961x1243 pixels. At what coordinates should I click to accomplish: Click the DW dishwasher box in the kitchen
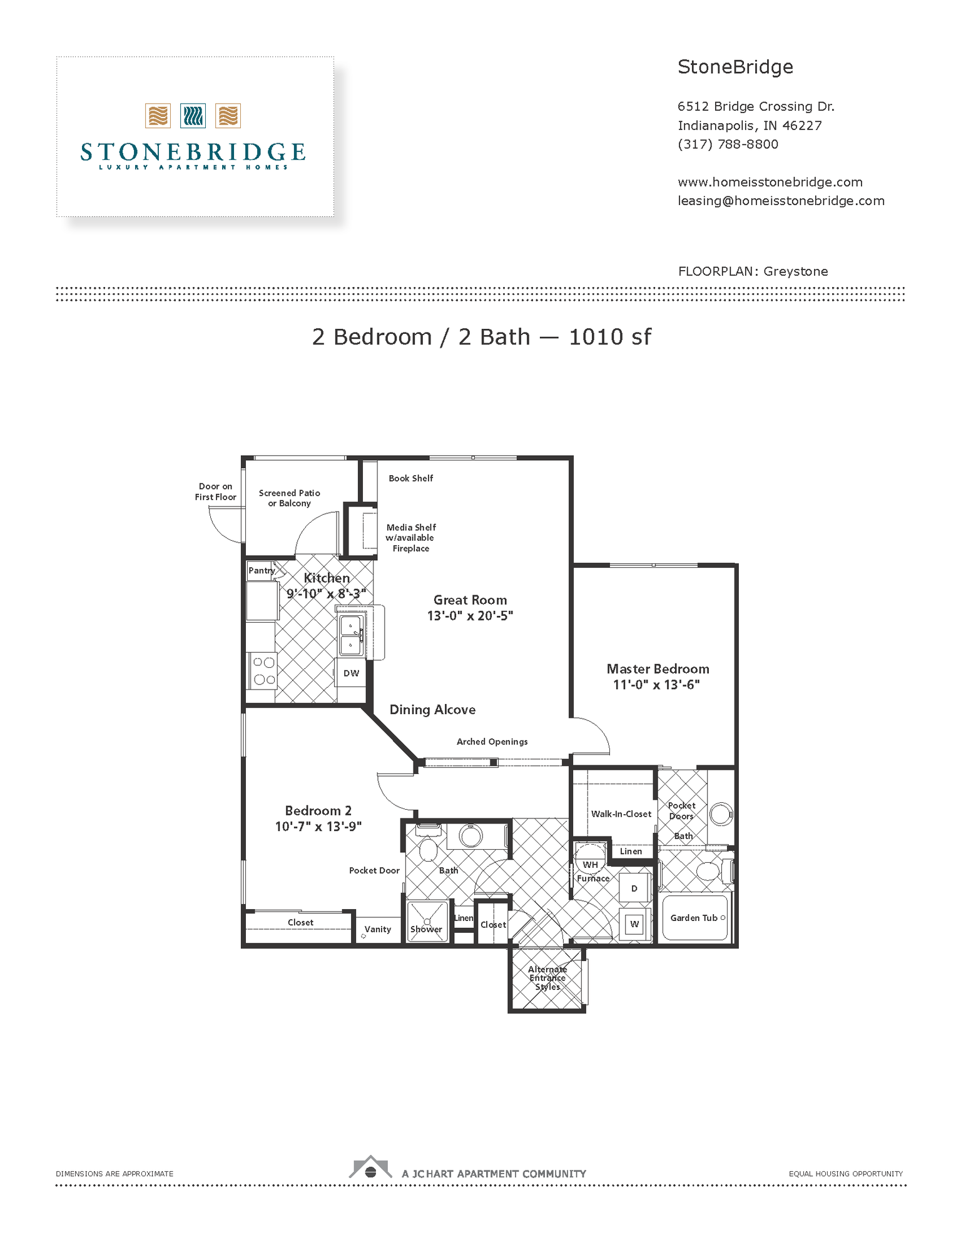point(351,673)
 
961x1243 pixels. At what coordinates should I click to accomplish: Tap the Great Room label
point(470,600)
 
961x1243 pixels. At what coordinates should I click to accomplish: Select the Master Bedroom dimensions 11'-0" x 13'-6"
point(656,685)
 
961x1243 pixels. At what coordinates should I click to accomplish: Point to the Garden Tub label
point(694,918)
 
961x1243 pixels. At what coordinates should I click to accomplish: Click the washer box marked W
point(634,924)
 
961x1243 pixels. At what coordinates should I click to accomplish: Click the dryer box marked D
point(634,888)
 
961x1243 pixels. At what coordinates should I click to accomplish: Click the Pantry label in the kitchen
point(262,570)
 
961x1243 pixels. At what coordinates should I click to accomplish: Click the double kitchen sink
point(350,635)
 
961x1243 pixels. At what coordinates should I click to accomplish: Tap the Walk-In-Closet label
point(621,814)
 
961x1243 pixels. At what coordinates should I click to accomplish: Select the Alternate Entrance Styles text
point(547,978)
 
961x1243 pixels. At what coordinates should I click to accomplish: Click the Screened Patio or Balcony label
point(289,498)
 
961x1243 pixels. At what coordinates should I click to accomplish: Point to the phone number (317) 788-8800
point(728,144)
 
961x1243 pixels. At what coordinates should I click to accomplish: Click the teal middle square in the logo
point(193,116)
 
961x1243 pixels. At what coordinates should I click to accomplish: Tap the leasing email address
point(781,201)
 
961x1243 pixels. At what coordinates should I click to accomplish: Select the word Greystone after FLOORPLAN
point(795,271)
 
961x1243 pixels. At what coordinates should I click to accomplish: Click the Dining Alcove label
point(432,710)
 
